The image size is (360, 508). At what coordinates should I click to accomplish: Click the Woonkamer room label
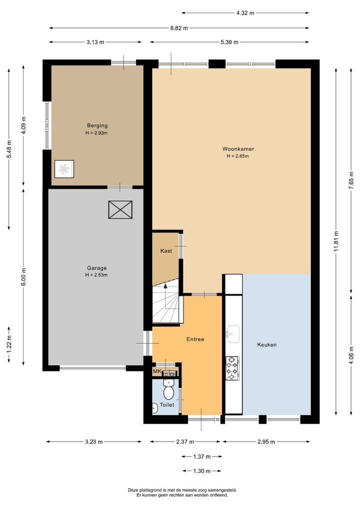coord(235,148)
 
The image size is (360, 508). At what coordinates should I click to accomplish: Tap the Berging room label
coord(97,125)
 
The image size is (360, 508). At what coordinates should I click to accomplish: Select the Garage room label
coord(96,268)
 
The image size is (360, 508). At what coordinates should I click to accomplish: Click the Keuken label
coord(267,345)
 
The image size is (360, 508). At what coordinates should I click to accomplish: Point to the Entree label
coord(195,339)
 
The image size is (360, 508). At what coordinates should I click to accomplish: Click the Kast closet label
coord(166,251)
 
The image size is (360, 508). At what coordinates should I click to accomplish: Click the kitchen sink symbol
coord(232,332)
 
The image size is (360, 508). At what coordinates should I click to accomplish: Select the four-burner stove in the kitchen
coord(232,368)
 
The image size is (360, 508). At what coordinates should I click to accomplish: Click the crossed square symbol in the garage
coord(120,210)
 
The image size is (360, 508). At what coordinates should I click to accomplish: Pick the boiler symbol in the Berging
coord(64,169)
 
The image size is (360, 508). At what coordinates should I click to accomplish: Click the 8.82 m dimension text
coord(178,28)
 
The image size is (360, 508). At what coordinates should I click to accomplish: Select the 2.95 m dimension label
coord(265,442)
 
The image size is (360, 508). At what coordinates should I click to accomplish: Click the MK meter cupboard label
coord(157,372)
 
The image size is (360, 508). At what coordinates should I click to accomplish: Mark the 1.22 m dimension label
coord(9,344)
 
